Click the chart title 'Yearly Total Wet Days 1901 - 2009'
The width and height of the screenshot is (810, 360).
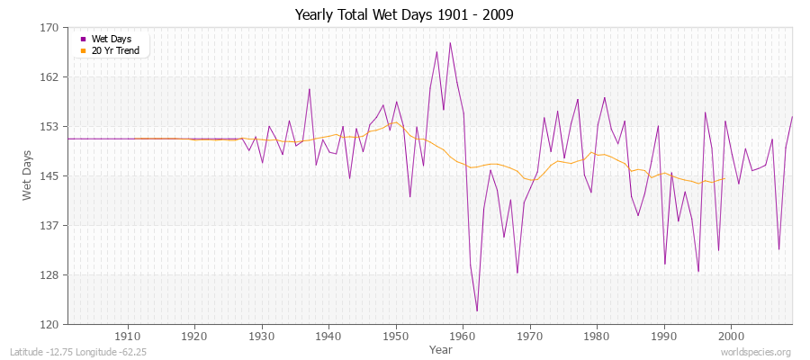(405, 15)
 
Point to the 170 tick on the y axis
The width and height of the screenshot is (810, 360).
(49, 28)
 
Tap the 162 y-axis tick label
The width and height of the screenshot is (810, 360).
(49, 77)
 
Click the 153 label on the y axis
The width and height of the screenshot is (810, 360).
(49, 127)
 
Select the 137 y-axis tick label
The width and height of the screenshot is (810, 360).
(49, 225)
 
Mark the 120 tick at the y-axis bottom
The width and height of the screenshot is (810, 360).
(49, 324)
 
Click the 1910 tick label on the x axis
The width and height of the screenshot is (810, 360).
(128, 335)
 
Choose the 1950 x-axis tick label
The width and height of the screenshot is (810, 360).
(396, 335)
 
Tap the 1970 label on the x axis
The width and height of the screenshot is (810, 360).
(530, 335)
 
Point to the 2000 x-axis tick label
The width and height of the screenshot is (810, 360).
(731, 335)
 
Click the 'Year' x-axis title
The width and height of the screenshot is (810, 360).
(441, 348)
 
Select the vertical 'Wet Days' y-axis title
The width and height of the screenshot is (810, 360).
(28, 176)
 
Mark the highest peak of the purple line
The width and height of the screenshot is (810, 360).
(450, 42)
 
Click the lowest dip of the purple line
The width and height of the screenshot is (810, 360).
(477, 311)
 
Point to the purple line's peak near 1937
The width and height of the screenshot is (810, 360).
(310, 88)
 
